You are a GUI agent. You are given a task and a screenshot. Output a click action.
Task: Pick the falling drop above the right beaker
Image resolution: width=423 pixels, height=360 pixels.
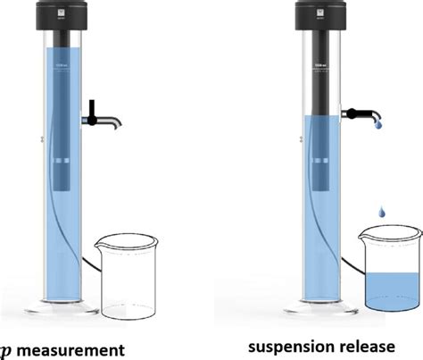pyautogui.click(x=383, y=212)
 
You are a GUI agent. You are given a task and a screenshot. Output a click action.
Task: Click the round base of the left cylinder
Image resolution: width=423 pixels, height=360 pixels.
pyautogui.click(x=61, y=307)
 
